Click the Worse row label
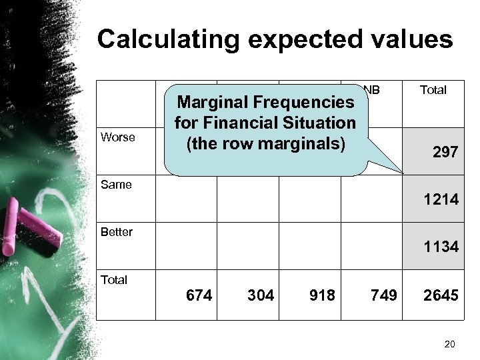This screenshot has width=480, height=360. click(117, 137)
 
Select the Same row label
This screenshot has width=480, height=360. click(115, 185)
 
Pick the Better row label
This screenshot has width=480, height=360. click(117, 232)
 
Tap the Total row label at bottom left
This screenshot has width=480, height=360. click(114, 279)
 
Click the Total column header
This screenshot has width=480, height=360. click(433, 89)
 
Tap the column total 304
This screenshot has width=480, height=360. click(261, 295)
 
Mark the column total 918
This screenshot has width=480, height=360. click(323, 295)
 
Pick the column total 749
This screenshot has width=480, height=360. click(385, 295)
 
